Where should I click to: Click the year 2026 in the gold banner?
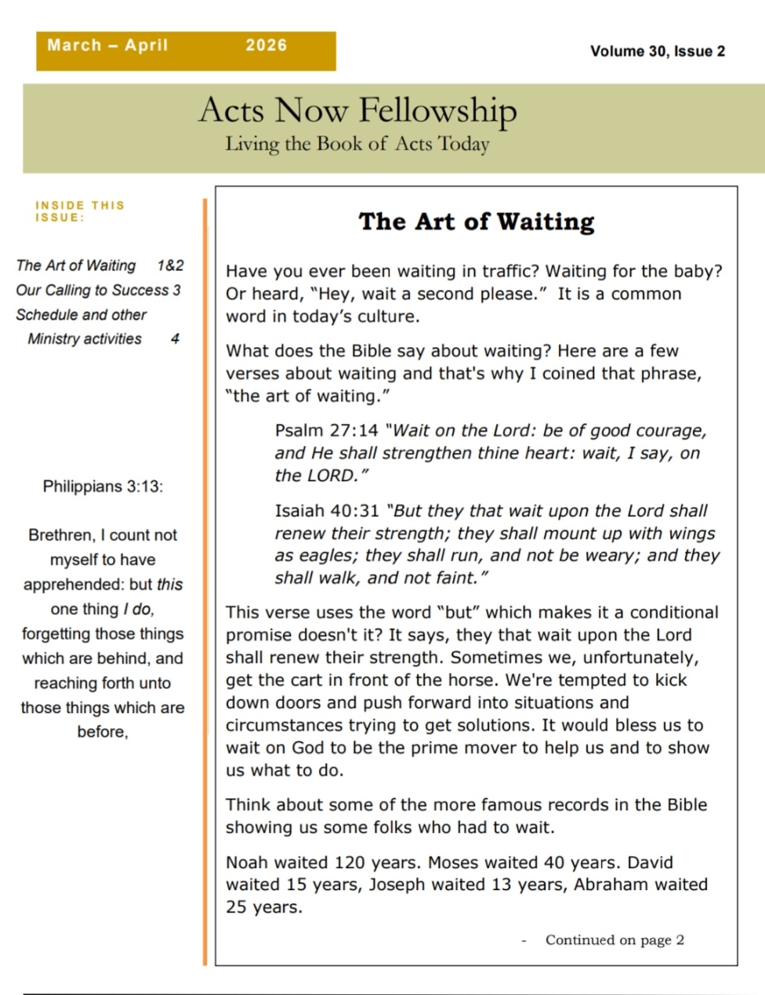point(266,45)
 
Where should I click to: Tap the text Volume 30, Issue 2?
point(657,52)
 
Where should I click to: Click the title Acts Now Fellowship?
point(357,110)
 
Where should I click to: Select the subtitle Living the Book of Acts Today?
point(357,144)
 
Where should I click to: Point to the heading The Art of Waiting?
point(477,222)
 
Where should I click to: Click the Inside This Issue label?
point(79,211)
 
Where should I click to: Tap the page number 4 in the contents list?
point(175,338)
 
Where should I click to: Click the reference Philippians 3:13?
point(103,487)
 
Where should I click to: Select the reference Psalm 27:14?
point(326,431)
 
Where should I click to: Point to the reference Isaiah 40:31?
point(327,511)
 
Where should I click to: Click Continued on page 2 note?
point(615,940)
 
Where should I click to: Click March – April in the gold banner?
point(107,45)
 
